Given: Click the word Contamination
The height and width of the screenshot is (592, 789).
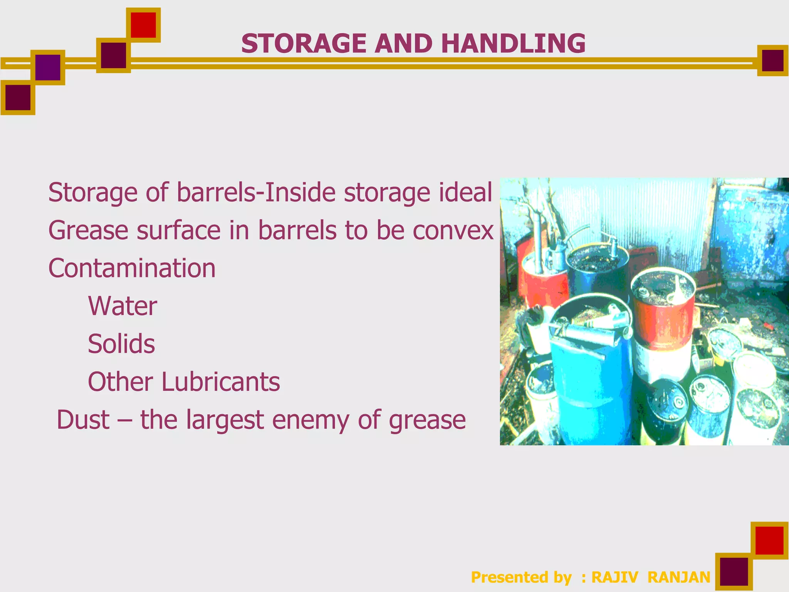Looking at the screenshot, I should point(132,268).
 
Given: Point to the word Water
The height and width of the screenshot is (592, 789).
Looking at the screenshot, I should point(123,306).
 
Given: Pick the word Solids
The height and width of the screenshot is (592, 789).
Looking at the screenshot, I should point(121,344).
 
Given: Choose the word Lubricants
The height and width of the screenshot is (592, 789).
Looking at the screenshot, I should point(220,382).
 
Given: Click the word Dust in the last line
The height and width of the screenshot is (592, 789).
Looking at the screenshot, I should point(83,420).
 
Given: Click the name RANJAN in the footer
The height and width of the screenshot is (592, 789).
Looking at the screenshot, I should point(679,577).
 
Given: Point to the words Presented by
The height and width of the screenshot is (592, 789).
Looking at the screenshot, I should point(521,577).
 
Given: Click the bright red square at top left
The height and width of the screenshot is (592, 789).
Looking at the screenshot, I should point(143,25).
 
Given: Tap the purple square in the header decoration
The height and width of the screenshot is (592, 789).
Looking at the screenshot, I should point(48,67).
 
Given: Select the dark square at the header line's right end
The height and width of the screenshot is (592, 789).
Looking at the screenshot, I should point(772,61).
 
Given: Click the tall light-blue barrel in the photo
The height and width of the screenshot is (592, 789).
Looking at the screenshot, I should point(591,385).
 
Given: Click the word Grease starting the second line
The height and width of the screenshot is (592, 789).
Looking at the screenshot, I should point(88,230).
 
